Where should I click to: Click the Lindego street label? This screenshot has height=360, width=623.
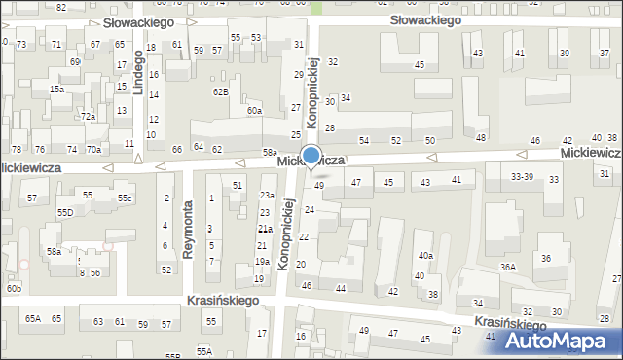(x=138, y=74)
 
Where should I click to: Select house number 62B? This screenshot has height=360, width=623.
(x=221, y=92)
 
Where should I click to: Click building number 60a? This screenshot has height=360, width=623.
(x=254, y=111)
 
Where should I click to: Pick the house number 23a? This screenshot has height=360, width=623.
(x=266, y=196)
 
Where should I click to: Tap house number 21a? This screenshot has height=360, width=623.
(x=264, y=229)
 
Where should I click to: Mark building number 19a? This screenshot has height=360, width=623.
(x=262, y=262)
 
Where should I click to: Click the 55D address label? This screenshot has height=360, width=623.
(x=65, y=212)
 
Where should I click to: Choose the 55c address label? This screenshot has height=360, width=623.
(x=126, y=198)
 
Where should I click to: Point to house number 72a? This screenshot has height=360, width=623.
(x=88, y=117)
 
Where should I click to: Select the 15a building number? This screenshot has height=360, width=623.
(x=57, y=90)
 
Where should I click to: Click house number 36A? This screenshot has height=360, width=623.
(x=508, y=267)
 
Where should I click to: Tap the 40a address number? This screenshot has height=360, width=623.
(x=425, y=255)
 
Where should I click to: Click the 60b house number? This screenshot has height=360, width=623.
(x=13, y=289)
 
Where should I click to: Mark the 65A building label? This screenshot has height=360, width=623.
(x=33, y=319)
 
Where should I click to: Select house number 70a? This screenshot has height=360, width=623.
(x=93, y=150)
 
